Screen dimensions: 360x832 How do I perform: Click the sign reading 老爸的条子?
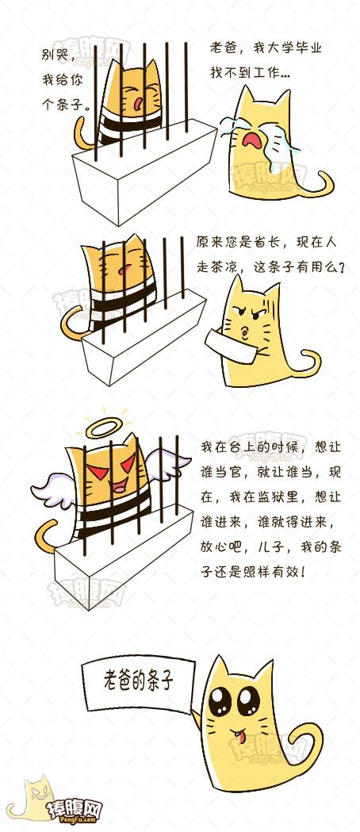138,683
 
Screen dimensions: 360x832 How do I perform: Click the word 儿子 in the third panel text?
273,547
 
